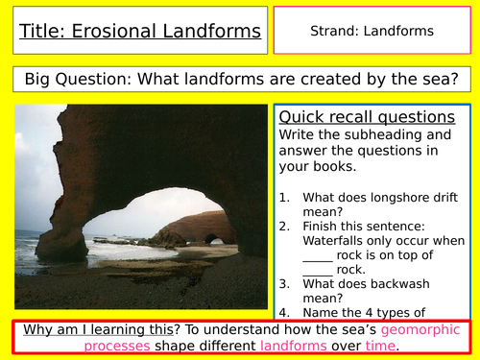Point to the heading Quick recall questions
click(367, 116)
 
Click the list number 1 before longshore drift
click(285, 196)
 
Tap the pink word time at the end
click(382, 345)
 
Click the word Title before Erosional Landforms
click(42, 31)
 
